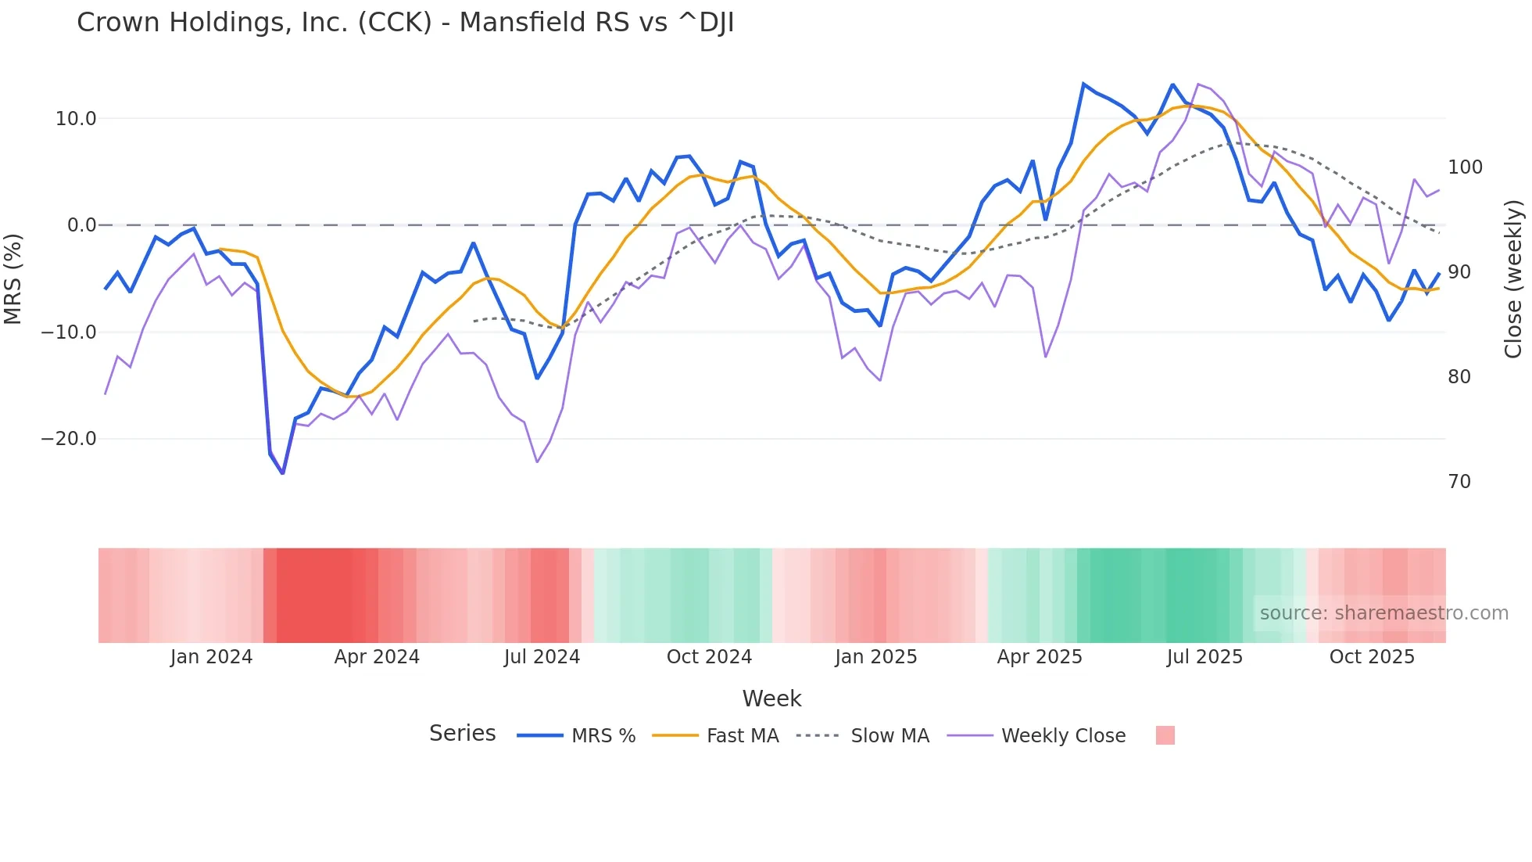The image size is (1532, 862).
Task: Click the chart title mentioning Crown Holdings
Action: click(405, 23)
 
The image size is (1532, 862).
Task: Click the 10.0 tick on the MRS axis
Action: click(75, 119)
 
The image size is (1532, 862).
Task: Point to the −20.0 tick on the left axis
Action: click(69, 439)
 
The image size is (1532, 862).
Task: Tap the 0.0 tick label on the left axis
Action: click(81, 225)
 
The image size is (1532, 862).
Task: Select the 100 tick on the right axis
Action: click(1465, 167)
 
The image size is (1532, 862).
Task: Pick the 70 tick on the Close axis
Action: click(1459, 482)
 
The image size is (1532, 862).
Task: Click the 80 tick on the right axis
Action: click(1459, 377)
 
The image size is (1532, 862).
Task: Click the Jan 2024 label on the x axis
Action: click(211, 657)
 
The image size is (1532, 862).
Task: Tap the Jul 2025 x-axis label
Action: click(1204, 657)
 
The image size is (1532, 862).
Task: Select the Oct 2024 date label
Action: click(709, 657)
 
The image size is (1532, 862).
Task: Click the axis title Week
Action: click(771, 699)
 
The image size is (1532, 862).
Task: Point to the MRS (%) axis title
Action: click(13, 278)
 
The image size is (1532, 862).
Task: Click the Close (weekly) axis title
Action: click(1513, 279)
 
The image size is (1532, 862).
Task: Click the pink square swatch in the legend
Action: click(1165, 735)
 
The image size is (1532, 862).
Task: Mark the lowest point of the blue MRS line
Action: click(282, 473)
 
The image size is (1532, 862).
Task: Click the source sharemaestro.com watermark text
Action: click(1383, 613)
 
